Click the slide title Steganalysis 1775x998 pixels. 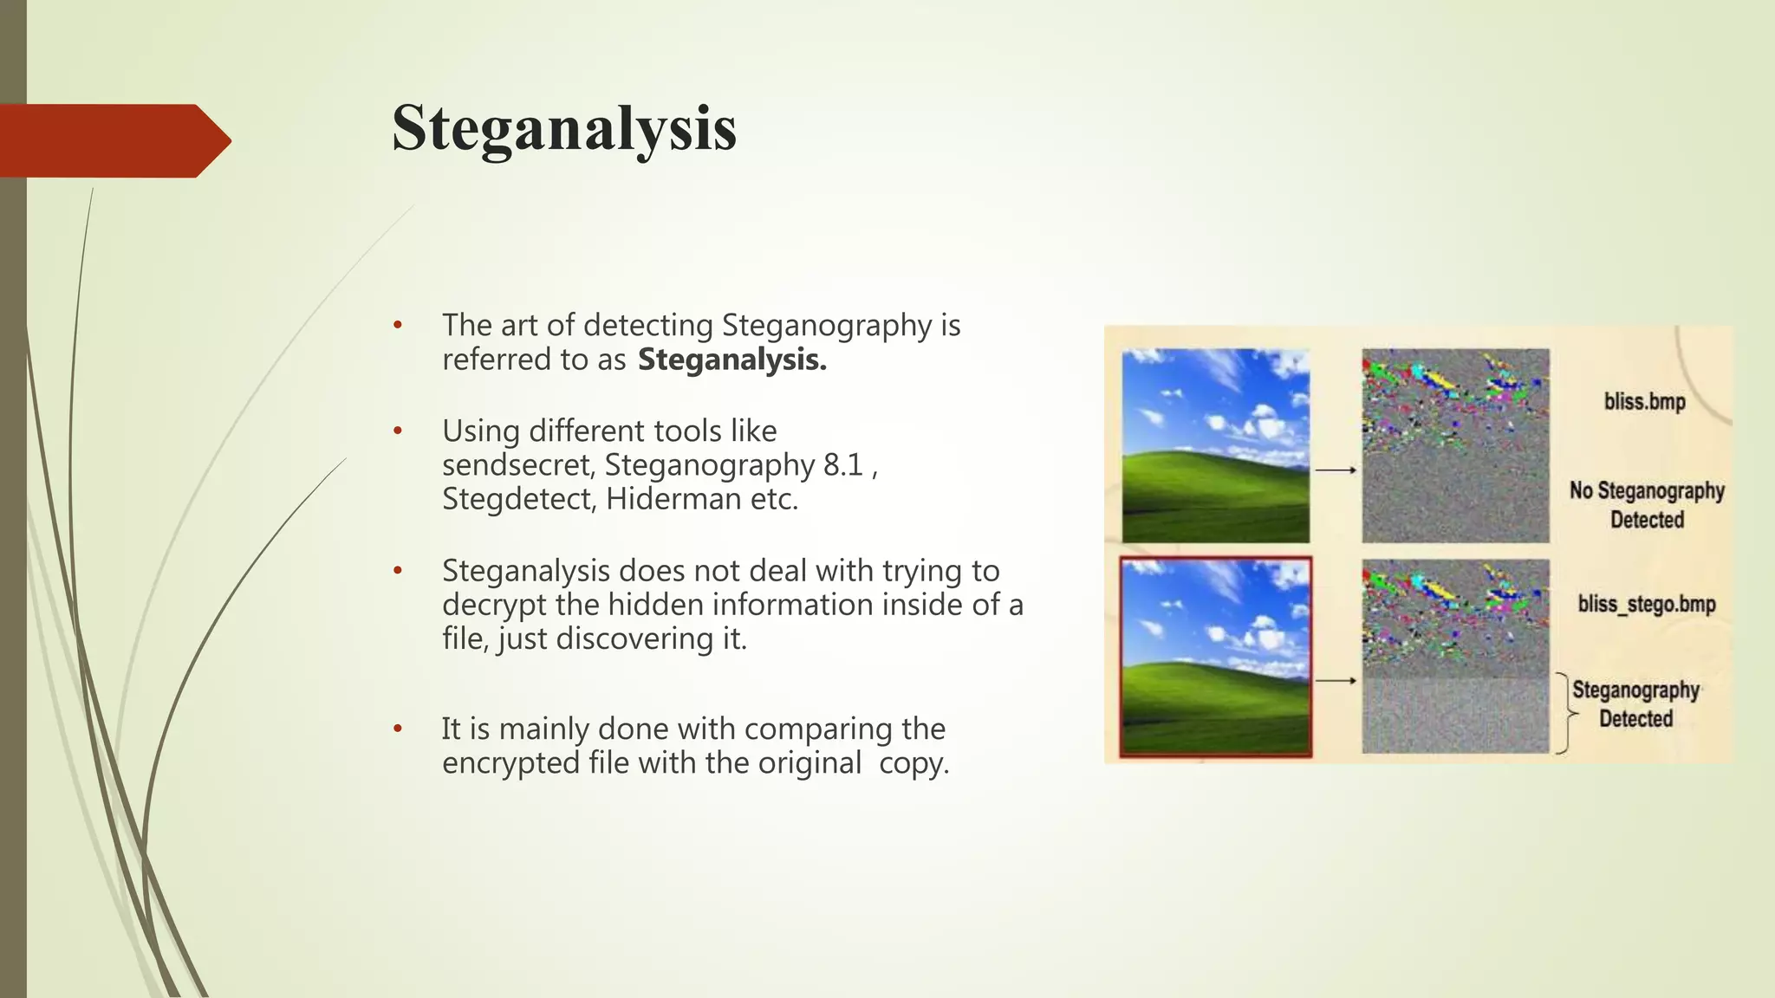[x=564, y=129]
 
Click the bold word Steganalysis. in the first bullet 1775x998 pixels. [x=732, y=360]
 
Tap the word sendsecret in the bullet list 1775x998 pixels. [x=517, y=465]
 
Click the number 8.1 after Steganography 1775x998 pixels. [x=842, y=465]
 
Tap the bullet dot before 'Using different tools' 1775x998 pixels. [x=398, y=431]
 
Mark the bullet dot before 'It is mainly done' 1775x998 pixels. [x=398, y=729]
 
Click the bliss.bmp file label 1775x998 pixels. [x=1644, y=402]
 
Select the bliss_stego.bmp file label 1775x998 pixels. [x=1646, y=604]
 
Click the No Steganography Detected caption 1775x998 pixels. [x=1647, y=505]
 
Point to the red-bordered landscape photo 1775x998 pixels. [x=1215, y=658]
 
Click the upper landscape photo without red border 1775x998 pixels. [x=1215, y=445]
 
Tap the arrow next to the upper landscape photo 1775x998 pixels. [x=1336, y=470]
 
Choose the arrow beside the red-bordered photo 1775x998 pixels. [x=1336, y=681]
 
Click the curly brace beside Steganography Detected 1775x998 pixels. [x=1564, y=713]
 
